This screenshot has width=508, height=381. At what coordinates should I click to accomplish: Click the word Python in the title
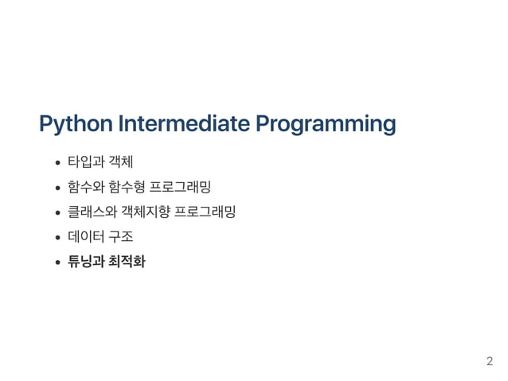coord(75,125)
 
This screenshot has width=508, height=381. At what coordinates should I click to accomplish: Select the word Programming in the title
coord(326,125)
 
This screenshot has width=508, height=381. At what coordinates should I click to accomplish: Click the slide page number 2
coord(490,362)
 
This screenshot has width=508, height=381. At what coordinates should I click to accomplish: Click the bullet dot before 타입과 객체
coord(58,165)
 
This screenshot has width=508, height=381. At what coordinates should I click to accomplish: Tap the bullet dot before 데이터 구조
coord(58,237)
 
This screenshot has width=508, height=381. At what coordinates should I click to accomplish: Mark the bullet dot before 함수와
coord(58,189)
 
